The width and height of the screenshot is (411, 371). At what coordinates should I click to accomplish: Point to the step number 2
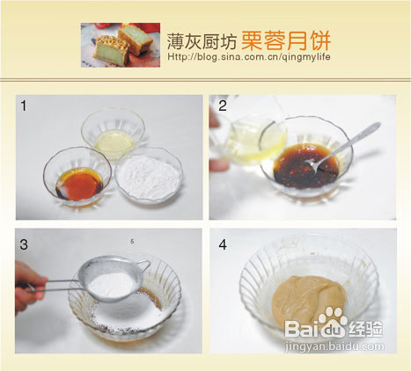coord(222,106)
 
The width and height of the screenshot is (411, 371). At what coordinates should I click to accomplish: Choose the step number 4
coord(222,243)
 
